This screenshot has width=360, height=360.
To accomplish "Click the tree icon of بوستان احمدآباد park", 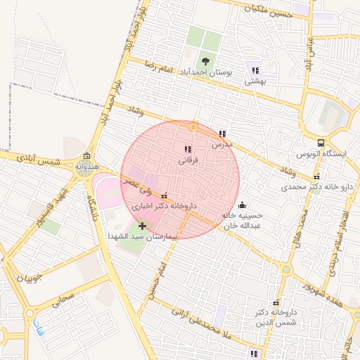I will pyautogui.click(x=205, y=61).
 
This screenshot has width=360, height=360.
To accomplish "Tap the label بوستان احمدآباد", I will pyautogui.click(x=205, y=73).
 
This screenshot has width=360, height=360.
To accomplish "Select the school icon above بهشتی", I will pyautogui.click(x=255, y=70).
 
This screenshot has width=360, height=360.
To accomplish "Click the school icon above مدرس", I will pyautogui.click(x=222, y=134).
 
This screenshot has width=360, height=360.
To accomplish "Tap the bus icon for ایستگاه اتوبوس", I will pyautogui.click(x=321, y=142).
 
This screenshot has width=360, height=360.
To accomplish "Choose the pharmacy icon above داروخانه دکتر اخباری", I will pyautogui.click(x=165, y=196).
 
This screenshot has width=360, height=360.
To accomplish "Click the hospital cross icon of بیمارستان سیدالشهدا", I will pyautogui.click(x=143, y=226).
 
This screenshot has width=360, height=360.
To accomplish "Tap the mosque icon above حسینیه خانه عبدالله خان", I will pyautogui.click(x=243, y=205).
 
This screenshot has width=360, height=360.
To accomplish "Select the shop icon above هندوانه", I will pyautogui.click(x=86, y=156).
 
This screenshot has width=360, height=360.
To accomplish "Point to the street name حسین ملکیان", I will pyautogui.click(x=267, y=9).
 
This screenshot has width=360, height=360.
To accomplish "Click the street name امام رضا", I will pyautogui.click(x=158, y=68).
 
